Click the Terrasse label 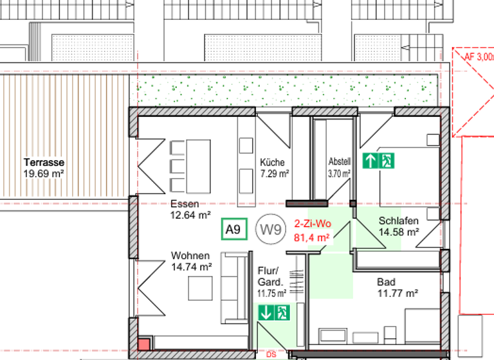(44, 163)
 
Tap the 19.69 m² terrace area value (44, 173)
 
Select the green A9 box (233, 228)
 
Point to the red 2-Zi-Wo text (312, 225)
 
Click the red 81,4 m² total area (312, 237)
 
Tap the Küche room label (272, 163)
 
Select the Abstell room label (339, 163)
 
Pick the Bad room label (387, 282)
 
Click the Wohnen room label (190, 255)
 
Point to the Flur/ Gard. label (270, 276)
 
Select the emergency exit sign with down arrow (275, 313)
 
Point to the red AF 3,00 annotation (479, 57)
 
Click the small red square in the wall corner (145, 343)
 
